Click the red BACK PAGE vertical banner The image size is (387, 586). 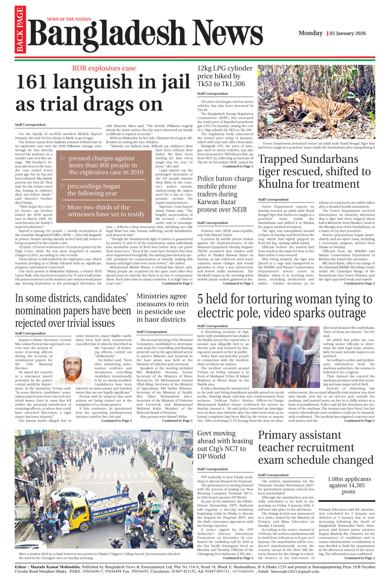(x=19, y=30)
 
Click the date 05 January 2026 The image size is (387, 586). (x=348, y=33)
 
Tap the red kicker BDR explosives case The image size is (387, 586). (x=104, y=68)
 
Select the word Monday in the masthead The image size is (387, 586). (x=310, y=33)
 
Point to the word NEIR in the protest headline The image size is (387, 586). (x=239, y=210)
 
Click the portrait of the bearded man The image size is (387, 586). (x=72, y=366)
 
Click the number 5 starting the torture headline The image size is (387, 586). (x=202, y=299)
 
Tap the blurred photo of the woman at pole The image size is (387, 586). (x=286, y=356)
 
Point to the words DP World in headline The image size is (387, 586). (x=211, y=456)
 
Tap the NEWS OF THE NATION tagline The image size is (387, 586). (x=69, y=19)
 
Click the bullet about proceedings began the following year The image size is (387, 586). (x=94, y=189)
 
